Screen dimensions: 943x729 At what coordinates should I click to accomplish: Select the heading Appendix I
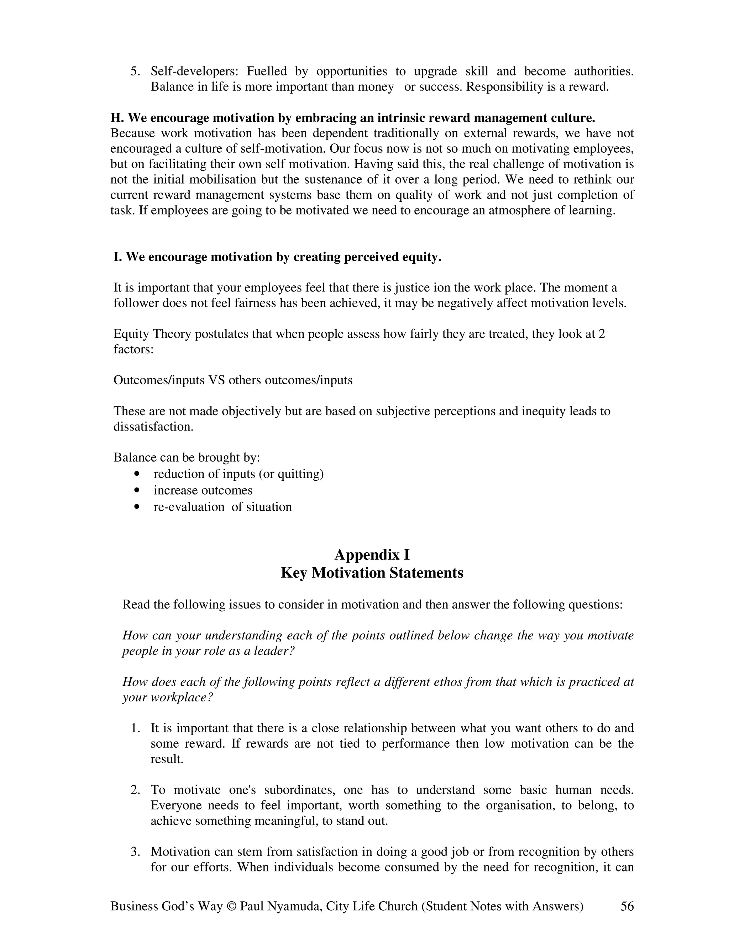372,554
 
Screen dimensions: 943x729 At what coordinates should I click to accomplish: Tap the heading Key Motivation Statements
372,573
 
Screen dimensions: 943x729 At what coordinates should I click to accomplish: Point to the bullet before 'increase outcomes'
137,490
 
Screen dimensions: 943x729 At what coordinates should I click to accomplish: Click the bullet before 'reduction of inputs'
137,474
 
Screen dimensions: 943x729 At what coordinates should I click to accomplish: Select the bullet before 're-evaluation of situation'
137,507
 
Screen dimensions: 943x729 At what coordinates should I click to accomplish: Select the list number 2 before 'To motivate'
135,790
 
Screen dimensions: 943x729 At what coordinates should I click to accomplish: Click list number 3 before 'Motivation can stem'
135,852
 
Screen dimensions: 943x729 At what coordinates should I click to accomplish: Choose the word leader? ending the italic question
273,651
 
